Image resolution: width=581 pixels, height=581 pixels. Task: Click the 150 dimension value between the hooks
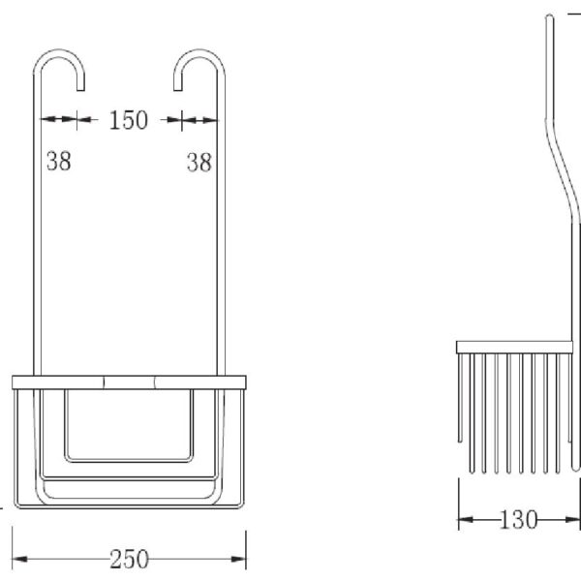point(129,120)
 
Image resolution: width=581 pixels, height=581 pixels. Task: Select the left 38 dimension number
point(58,162)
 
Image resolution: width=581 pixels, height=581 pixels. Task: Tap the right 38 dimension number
point(199,163)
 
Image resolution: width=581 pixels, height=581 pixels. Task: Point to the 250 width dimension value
point(129,559)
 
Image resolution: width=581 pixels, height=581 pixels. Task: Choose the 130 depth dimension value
point(519,521)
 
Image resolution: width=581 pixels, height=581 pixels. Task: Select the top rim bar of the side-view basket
point(518,347)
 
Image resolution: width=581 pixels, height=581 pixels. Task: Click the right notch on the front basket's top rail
point(155,381)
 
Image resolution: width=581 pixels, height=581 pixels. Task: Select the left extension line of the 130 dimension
point(458,504)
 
